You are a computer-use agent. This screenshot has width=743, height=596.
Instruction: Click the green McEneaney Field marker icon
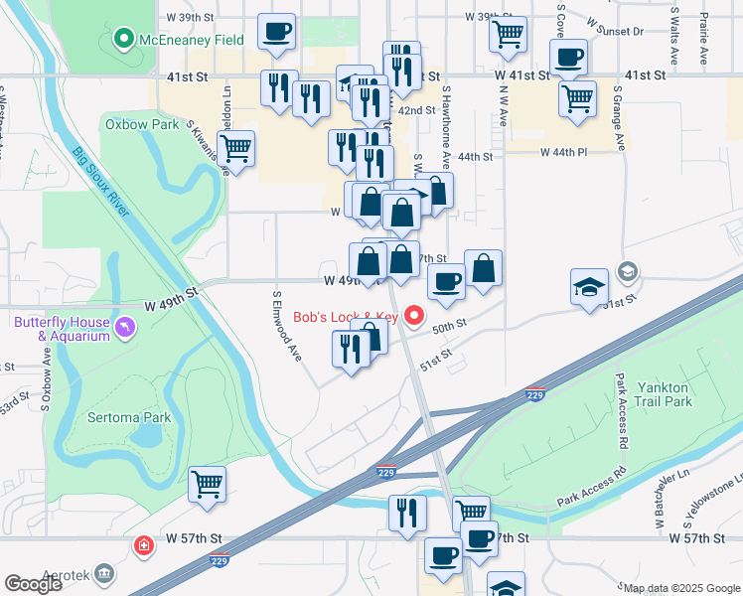pyautogui.click(x=123, y=40)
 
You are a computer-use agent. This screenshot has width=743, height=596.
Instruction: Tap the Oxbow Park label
pyautogui.click(x=142, y=124)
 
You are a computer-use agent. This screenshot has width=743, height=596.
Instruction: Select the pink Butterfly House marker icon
pyautogui.click(x=124, y=327)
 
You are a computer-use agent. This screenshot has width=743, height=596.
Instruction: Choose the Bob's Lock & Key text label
pyautogui.click(x=346, y=318)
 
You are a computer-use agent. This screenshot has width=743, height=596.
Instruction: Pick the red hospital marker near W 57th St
pyautogui.click(x=144, y=545)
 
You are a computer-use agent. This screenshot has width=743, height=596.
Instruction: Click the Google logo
pyautogui.click(x=33, y=583)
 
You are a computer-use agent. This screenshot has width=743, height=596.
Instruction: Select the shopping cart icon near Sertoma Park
pyautogui.click(x=208, y=486)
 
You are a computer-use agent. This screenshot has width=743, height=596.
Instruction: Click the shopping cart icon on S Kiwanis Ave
pyautogui.click(x=235, y=150)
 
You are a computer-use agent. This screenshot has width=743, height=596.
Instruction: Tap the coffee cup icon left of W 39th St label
pyautogui.click(x=275, y=30)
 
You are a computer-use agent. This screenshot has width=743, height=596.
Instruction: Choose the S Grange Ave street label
pyautogui.click(x=618, y=119)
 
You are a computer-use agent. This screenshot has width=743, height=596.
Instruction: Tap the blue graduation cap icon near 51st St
pyautogui.click(x=589, y=287)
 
